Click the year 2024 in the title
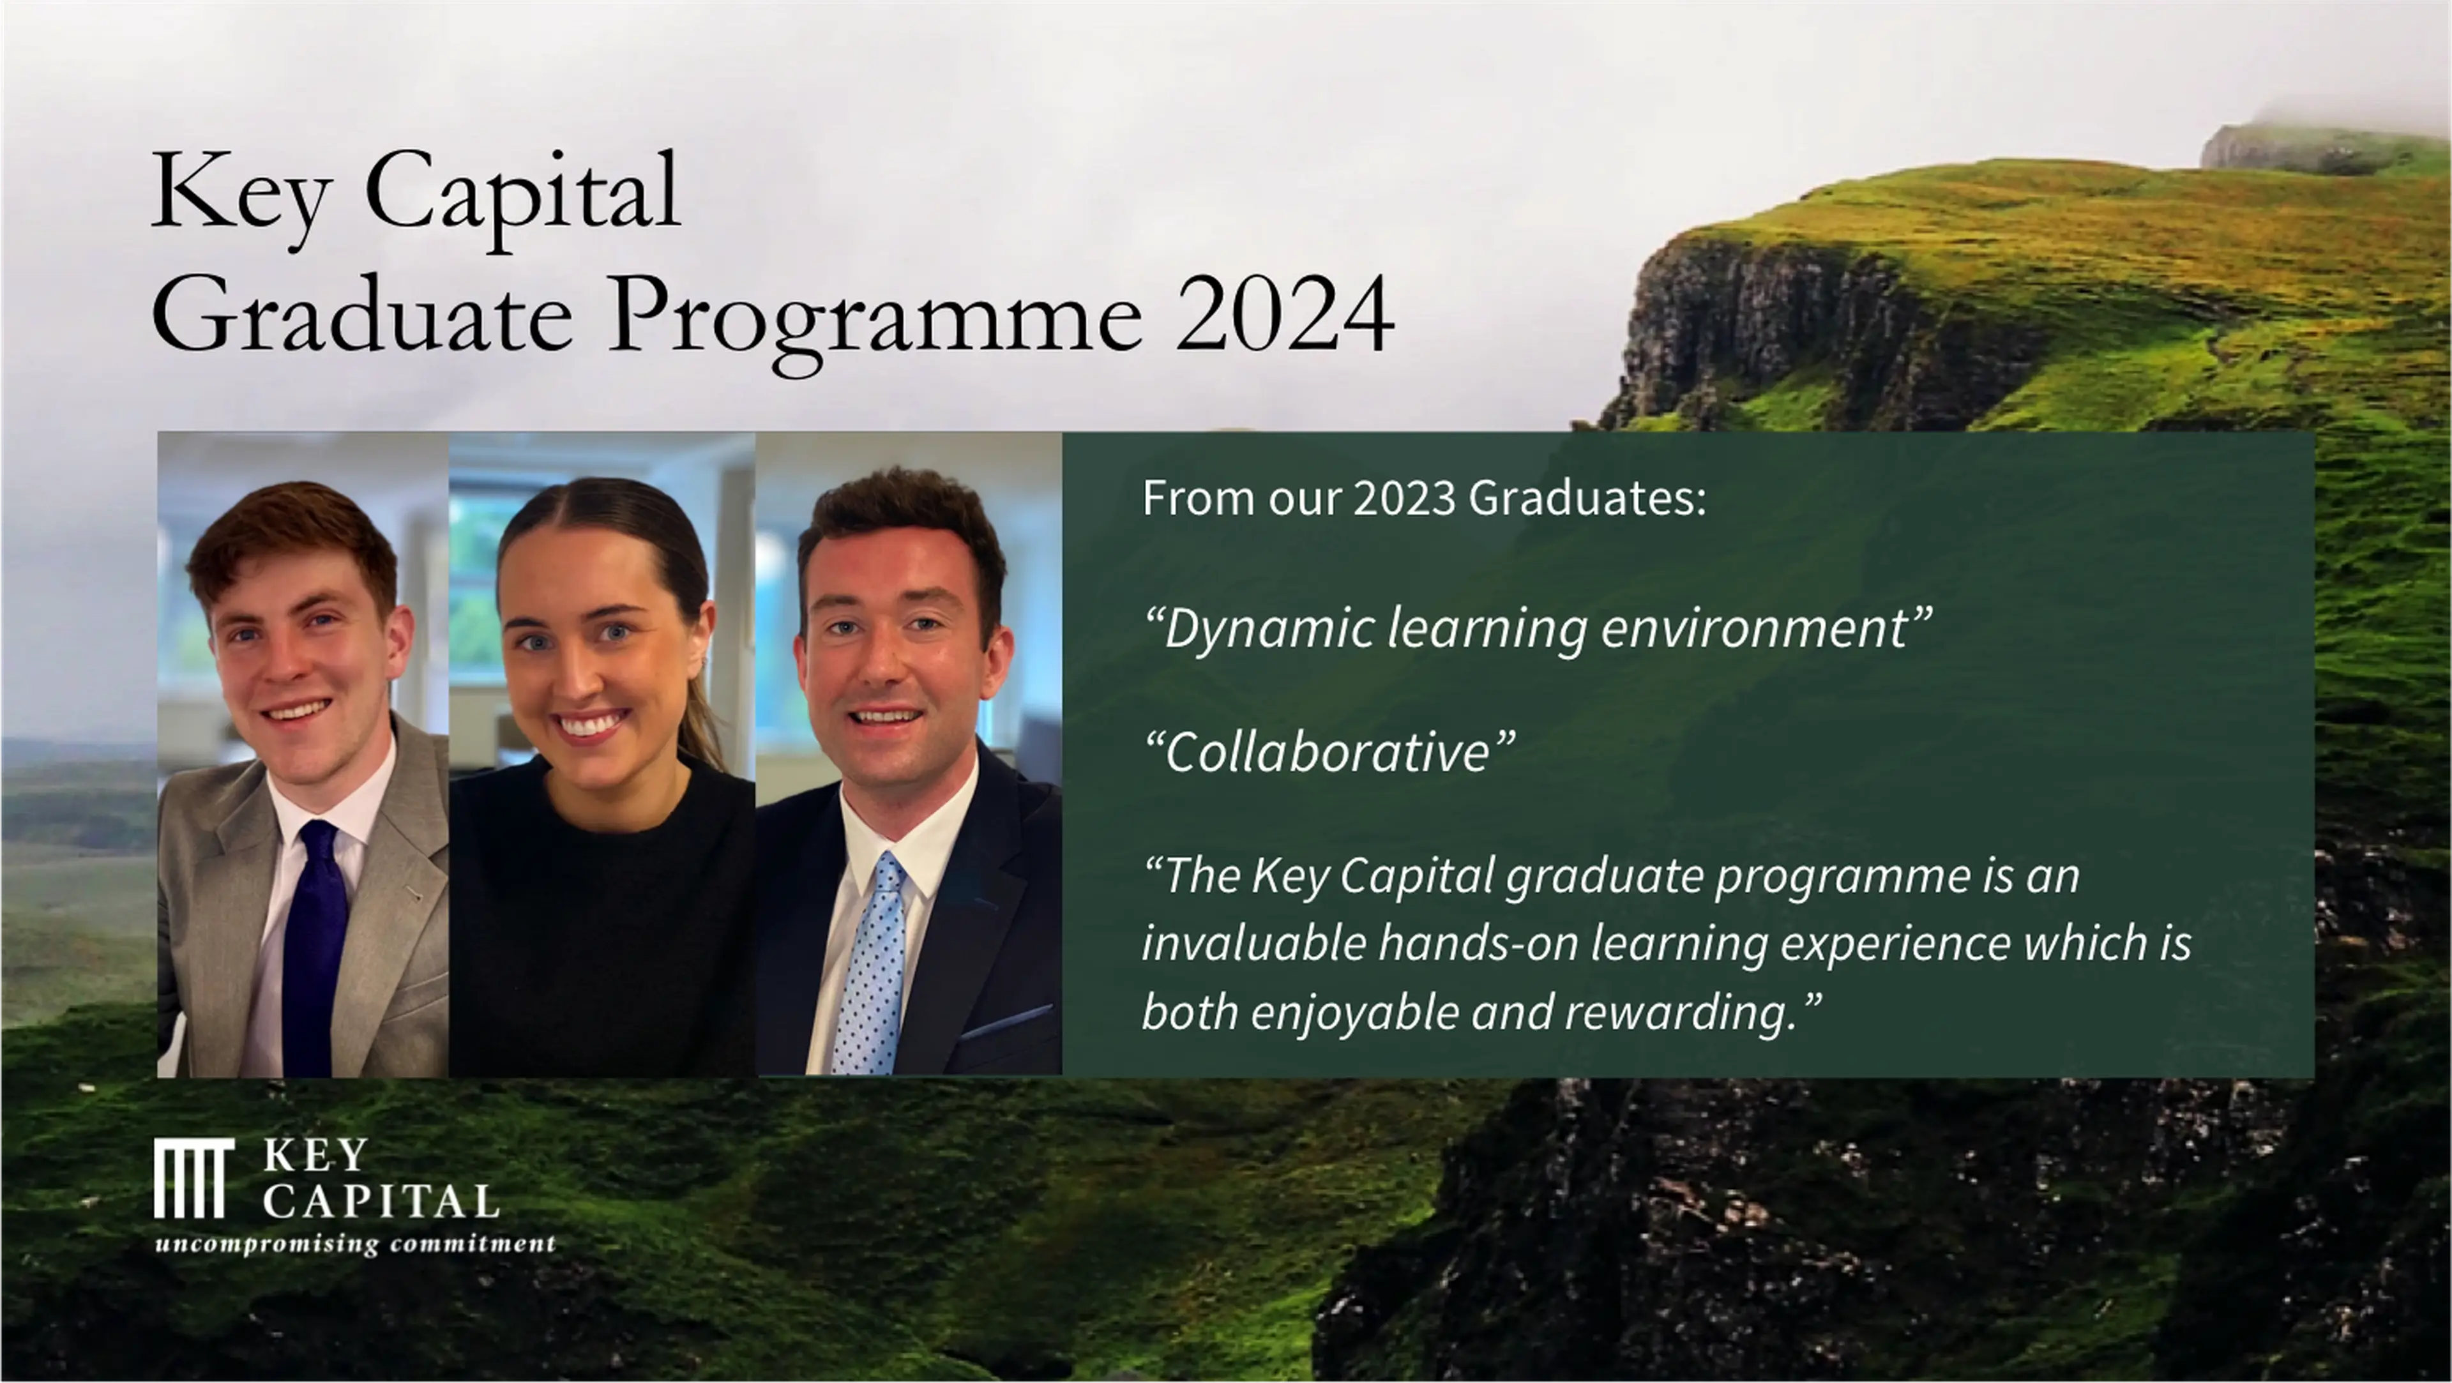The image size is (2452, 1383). point(1285,315)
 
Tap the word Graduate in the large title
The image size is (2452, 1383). point(361,315)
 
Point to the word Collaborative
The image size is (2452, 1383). point(1328,752)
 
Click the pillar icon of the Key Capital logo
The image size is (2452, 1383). point(193,1178)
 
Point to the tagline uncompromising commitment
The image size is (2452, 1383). point(355,1244)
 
